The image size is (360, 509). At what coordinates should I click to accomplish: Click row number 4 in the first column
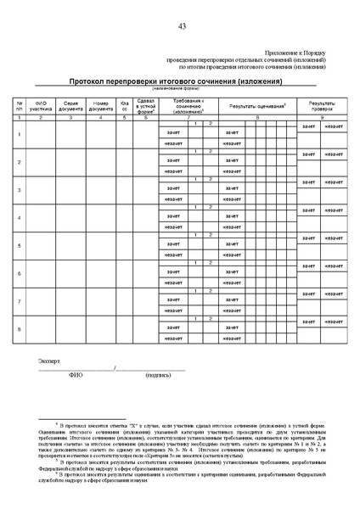20,218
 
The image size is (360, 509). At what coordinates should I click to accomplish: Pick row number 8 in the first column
20,329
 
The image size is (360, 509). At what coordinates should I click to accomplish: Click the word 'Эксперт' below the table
50,361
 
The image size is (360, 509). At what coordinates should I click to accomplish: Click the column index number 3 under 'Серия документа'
70,117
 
